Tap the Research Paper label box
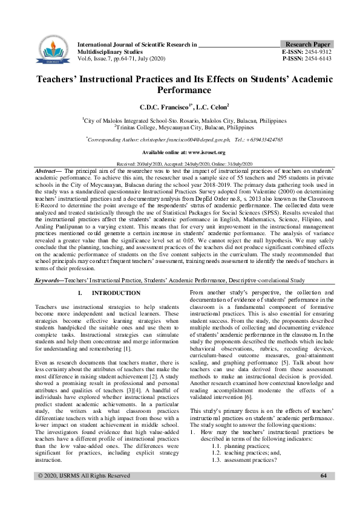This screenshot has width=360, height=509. pyautogui.click(x=307, y=45)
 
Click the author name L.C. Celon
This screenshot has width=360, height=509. pyautogui.click(x=195, y=106)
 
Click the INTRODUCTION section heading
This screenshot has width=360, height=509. pyautogui.click(x=116, y=293)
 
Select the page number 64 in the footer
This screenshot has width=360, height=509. pyautogui.click(x=324, y=493)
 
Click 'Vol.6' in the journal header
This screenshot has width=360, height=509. pyautogui.click(x=85, y=59)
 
